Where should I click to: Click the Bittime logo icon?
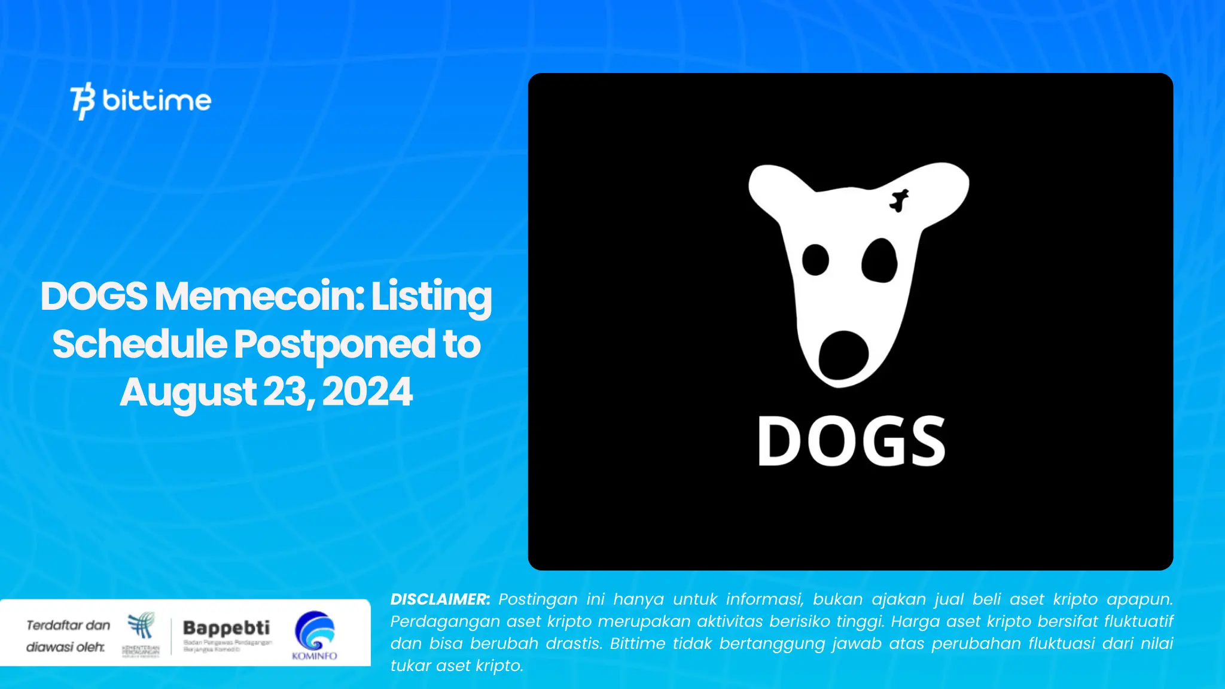tap(83, 100)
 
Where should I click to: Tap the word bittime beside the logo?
tap(157, 100)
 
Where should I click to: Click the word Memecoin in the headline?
tap(259, 296)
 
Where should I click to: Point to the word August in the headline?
tap(188, 392)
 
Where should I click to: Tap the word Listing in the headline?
tap(431, 296)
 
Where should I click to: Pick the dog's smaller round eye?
tap(815, 260)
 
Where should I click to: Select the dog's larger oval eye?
tap(879, 261)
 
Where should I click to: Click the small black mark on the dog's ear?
tap(898, 200)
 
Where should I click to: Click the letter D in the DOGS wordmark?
tap(781, 441)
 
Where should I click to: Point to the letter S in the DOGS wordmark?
tap(924, 441)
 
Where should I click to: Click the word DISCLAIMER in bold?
tap(440, 599)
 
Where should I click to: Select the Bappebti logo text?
tap(226, 628)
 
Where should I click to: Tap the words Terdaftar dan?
tap(68, 626)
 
